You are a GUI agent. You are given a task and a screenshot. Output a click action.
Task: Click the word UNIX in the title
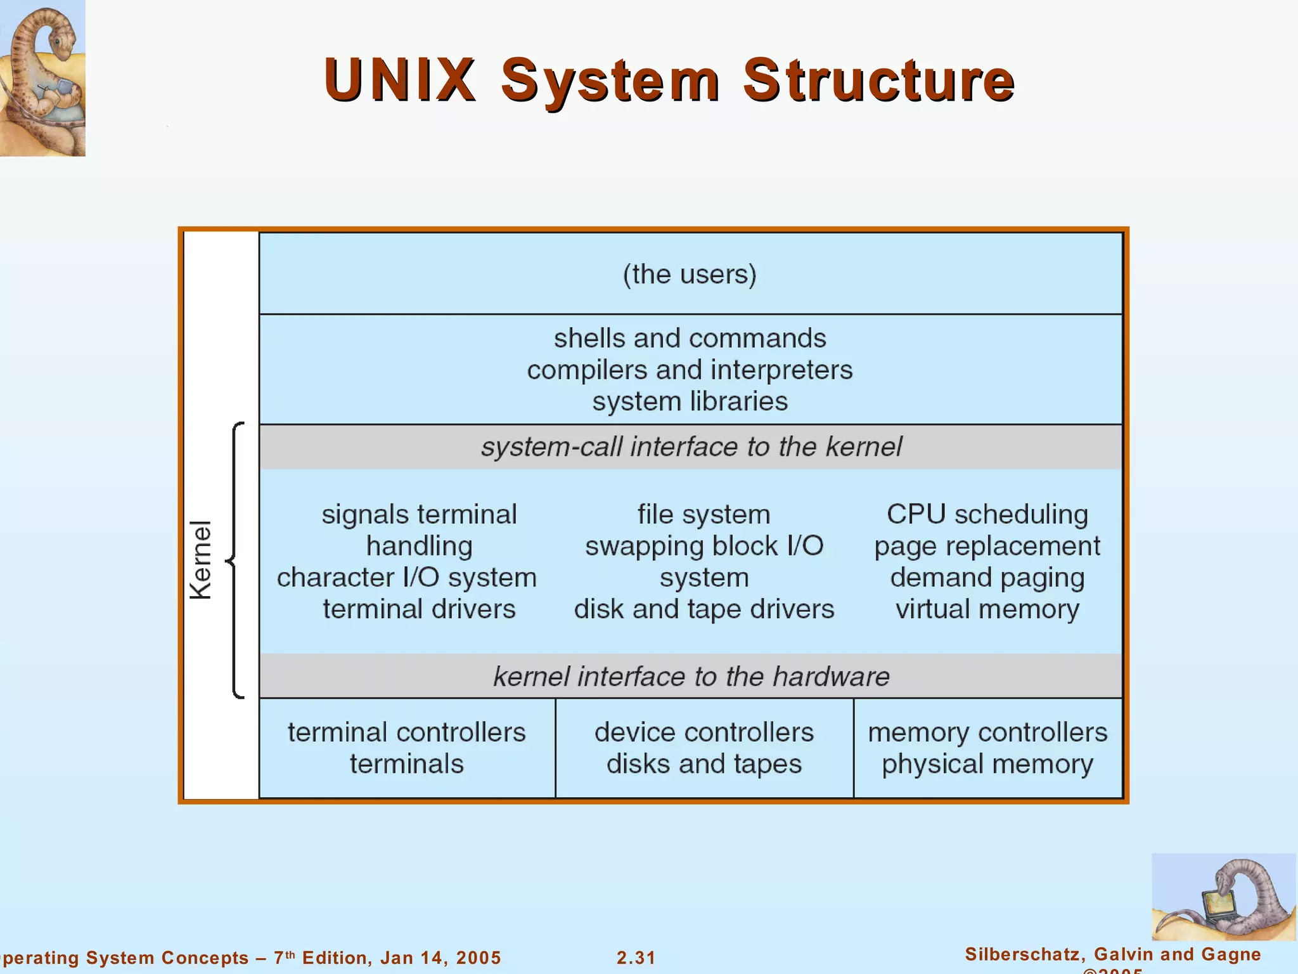click(x=399, y=80)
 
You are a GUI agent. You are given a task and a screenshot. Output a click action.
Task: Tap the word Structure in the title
click(x=878, y=80)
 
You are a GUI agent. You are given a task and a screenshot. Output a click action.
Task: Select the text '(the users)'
click(x=690, y=274)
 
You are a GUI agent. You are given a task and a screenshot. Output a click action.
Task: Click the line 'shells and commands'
click(x=690, y=338)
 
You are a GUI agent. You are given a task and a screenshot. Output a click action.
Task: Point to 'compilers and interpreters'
click(x=690, y=370)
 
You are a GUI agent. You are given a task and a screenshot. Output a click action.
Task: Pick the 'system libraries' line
click(x=690, y=401)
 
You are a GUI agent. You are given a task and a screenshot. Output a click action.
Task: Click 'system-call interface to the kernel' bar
click(x=691, y=446)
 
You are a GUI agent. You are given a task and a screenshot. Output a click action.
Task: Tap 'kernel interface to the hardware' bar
click(x=691, y=676)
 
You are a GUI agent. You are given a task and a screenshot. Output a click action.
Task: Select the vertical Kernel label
click(x=200, y=560)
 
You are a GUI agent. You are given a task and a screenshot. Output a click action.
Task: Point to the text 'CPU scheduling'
click(x=987, y=514)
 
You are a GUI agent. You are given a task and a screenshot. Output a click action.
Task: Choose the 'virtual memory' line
click(x=987, y=609)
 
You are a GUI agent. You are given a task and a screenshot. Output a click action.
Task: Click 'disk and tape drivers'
click(x=704, y=609)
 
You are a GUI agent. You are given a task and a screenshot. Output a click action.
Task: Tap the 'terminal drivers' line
click(x=419, y=609)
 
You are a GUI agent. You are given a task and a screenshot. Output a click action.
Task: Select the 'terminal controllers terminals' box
click(x=407, y=748)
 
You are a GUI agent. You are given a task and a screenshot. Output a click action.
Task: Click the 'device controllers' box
click(x=704, y=748)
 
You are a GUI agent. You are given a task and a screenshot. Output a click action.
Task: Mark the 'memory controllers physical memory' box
click(x=987, y=748)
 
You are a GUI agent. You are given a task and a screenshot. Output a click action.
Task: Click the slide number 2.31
click(x=636, y=958)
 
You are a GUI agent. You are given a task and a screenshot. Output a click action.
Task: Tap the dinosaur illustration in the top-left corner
click(x=42, y=77)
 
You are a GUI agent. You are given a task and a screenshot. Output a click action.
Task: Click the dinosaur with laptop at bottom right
click(x=1223, y=897)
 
